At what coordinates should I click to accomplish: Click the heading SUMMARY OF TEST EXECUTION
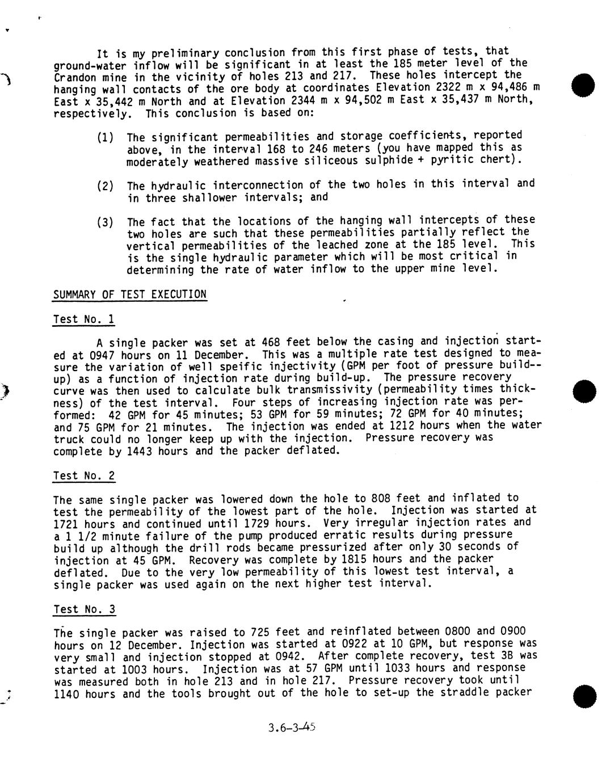(x=130, y=294)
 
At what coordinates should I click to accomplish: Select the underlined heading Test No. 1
(x=84, y=319)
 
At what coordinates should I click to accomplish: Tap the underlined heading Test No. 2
(x=84, y=476)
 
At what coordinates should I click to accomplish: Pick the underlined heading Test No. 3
(x=84, y=610)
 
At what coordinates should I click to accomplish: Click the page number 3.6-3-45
(x=292, y=727)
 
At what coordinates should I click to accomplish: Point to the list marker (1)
(x=105, y=137)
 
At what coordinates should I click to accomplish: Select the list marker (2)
(x=105, y=186)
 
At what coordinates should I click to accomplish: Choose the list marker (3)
(x=105, y=222)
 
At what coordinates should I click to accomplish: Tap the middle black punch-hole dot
(x=584, y=390)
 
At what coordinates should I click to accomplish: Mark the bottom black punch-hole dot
(x=584, y=696)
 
